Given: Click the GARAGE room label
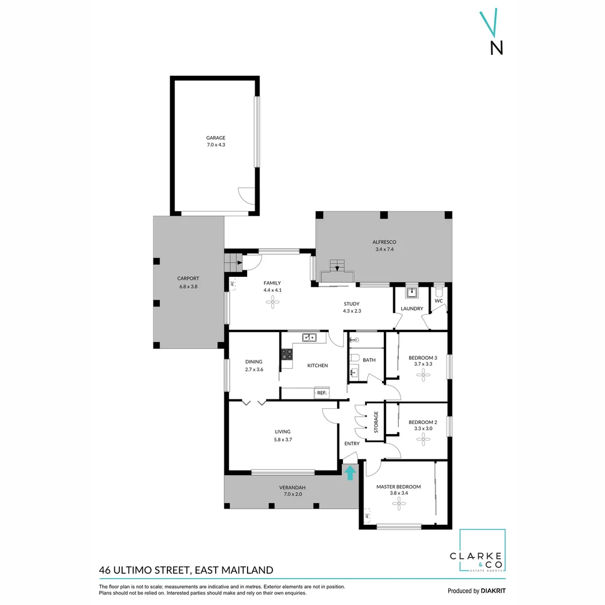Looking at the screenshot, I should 216,138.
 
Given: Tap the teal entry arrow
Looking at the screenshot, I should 350,473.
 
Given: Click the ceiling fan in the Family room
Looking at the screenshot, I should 272,302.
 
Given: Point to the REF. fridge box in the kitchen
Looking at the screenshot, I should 322,393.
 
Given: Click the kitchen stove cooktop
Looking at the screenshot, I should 286,354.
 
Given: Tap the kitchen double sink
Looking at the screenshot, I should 309,337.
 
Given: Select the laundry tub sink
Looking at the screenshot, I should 412,292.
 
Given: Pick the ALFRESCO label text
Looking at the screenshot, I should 384,242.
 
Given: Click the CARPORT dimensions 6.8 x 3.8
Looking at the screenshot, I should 188,286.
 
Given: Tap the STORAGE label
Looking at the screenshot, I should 376,422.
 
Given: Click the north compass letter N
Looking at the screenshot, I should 496,48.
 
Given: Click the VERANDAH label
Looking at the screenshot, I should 292,487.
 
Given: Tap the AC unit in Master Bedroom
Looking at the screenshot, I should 367,516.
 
